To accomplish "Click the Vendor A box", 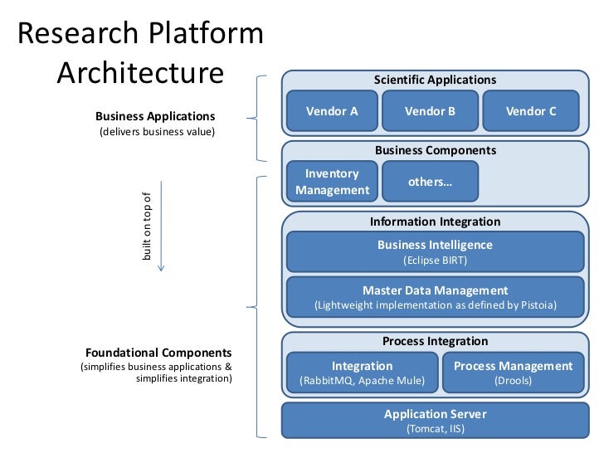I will [332, 111].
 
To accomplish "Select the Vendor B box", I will [430, 111].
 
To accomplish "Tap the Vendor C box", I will [530, 111].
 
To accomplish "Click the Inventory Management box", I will [332, 182].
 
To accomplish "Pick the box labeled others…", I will [430, 182].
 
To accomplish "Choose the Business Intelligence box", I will [435, 252].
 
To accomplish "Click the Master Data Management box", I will [435, 297].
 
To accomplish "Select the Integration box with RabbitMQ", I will [362, 373].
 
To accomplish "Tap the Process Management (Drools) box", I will [513, 373].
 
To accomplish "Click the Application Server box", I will [435, 421].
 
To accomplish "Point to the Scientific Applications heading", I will [435, 80].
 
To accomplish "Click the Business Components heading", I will [435, 150].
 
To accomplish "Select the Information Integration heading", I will [435, 222].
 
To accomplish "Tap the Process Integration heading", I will [435, 341].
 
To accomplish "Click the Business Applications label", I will [155, 116].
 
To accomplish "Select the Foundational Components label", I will [158, 353].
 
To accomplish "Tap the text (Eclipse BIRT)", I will [435, 261].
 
